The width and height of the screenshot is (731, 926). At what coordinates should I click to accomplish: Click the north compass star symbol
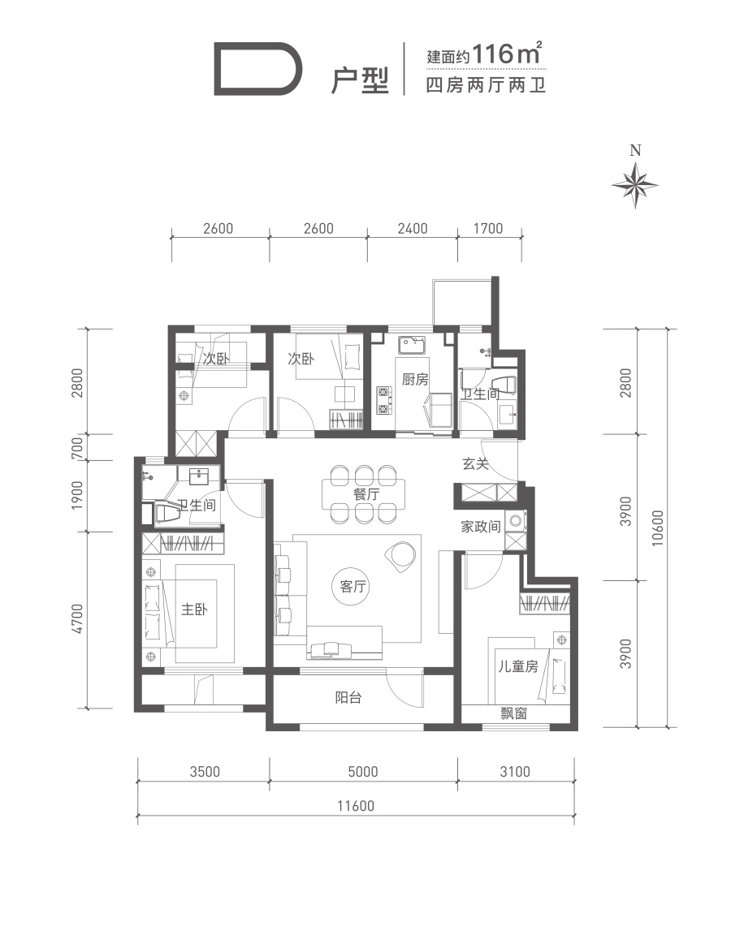pos(634,185)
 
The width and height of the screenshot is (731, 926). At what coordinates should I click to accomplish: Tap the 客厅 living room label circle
pos(353,586)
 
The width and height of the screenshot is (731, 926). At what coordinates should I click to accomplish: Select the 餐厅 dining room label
pos(365,493)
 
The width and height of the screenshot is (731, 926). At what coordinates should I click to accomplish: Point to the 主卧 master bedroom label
pos(194,609)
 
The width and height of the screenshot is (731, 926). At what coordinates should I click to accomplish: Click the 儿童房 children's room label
pos(517,666)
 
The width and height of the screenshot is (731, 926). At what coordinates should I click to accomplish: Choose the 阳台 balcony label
pos(348,697)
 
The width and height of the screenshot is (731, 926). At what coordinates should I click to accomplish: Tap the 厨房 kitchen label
pos(415,378)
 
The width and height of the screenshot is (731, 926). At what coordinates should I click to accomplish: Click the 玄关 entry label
pos(475,463)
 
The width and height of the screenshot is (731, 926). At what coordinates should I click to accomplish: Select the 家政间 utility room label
pos(481,526)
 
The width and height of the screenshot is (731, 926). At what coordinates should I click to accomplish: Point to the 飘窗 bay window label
pos(513,713)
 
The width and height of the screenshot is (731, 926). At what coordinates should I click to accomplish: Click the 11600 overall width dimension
pos(356,806)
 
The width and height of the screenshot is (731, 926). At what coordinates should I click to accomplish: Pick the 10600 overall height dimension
pos(658,528)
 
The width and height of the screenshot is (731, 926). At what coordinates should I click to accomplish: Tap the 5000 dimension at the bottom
pos(363,771)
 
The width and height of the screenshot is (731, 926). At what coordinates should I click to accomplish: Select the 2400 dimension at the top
pos(413,228)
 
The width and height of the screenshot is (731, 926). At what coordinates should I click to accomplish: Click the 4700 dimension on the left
pos(77,619)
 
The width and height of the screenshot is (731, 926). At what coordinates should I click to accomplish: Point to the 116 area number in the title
pos(492,54)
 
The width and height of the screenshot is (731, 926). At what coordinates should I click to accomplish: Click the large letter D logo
pos(258,69)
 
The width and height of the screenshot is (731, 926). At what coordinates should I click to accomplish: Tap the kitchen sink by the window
pos(413,345)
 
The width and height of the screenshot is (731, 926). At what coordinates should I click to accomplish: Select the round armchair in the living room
pos(400,557)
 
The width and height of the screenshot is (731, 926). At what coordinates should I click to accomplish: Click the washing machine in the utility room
pos(516,521)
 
